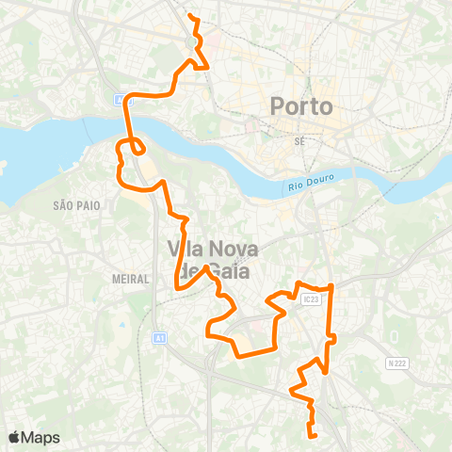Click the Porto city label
(301, 106)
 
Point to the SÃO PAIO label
(76, 204)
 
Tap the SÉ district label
(301, 140)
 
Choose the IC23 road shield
(312, 299)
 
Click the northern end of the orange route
(190, 16)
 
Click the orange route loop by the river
(137, 147)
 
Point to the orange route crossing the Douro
(127, 122)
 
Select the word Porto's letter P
(279, 106)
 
